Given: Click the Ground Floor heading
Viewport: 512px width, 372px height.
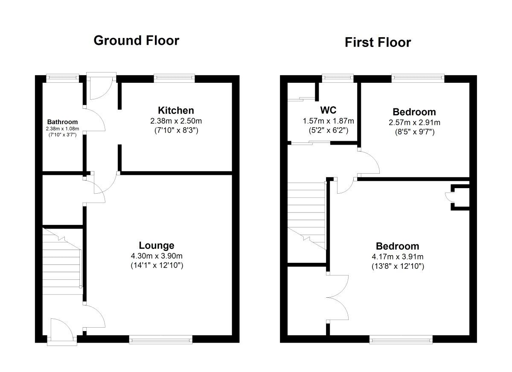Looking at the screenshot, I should pyautogui.click(x=136, y=41).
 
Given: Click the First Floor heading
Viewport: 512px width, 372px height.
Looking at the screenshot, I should pyautogui.click(x=378, y=42).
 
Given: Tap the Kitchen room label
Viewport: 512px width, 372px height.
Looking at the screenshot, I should pyautogui.click(x=176, y=110).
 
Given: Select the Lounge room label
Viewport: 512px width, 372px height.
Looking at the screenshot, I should pyautogui.click(x=157, y=245).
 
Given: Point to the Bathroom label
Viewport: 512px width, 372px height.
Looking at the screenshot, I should pyautogui.click(x=62, y=122).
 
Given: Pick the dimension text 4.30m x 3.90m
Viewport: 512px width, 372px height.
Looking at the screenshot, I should pyautogui.click(x=157, y=256).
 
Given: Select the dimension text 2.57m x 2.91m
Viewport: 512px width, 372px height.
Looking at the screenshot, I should pyautogui.click(x=414, y=122).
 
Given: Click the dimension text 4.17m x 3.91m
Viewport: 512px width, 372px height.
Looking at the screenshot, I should pyautogui.click(x=397, y=256).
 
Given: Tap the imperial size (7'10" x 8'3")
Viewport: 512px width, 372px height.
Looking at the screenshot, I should pyautogui.click(x=176, y=130).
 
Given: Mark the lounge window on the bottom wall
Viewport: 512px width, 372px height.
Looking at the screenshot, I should pyautogui.click(x=160, y=340).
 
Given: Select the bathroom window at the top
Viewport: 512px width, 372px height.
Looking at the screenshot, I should pyautogui.click(x=62, y=78).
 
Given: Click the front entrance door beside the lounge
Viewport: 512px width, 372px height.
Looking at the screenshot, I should pyautogui.click(x=62, y=331).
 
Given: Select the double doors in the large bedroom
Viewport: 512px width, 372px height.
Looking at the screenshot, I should pyautogui.click(x=338, y=297).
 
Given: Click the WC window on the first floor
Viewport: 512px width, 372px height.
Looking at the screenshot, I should pyautogui.click(x=338, y=78).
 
